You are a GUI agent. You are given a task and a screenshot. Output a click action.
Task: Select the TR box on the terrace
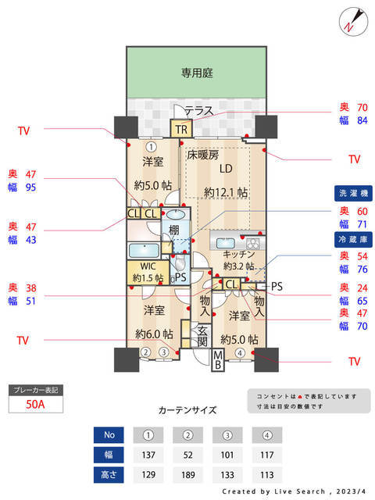[x=181, y=130]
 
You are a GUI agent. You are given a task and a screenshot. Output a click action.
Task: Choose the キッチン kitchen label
[x=239, y=255]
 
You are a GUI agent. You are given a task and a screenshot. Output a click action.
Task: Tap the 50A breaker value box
[x=34, y=405]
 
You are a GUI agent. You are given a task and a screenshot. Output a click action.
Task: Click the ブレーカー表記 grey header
[x=35, y=389]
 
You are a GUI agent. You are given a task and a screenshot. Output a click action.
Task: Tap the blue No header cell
[x=109, y=434]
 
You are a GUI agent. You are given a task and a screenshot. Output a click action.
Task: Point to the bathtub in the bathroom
[x=145, y=252]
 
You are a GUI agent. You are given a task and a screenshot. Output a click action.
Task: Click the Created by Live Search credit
[x=293, y=492]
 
